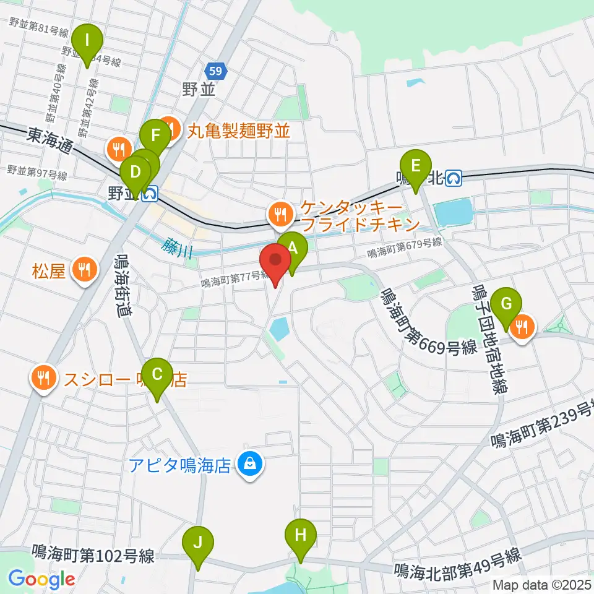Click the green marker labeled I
click(x=87, y=41)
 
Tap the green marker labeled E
click(x=416, y=166)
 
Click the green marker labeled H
click(x=300, y=535)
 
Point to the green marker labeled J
click(x=198, y=543)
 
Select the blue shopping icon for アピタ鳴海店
click(x=251, y=464)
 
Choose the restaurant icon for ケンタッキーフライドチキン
click(x=280, y=215)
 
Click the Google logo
click(x=41, y=580)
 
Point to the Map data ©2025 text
click(x=540, y=585)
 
